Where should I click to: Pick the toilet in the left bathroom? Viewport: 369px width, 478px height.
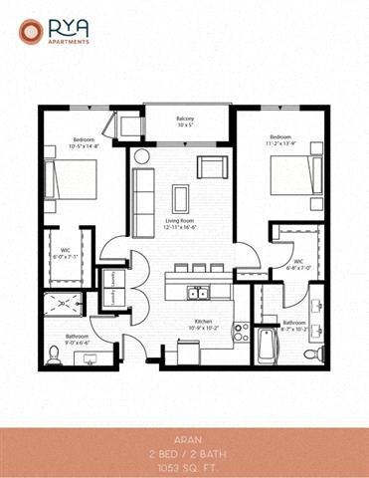point(54,355)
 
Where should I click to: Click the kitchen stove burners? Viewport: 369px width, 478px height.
point(241,332)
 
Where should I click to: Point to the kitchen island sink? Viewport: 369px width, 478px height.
point(199,293)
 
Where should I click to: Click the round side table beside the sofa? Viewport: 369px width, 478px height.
point(142,157)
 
